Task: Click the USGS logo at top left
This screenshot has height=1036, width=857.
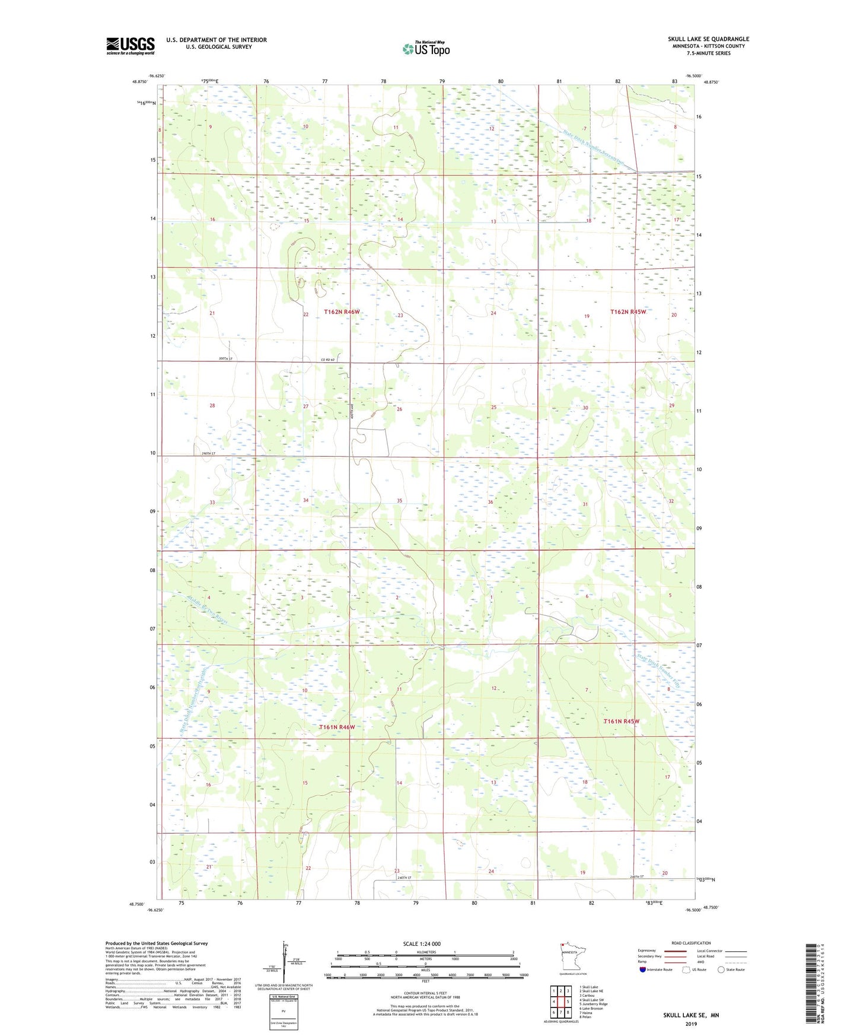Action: pyautogui.click(x=130, y=46)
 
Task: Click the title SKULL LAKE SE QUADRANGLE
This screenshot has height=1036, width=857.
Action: pyautogui.click(x=708, y=39)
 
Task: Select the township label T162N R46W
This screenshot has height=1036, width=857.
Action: pyautogui.click(x=342, y=312)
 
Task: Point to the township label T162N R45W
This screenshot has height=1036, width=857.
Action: pyautogui.click(x=629, y=312)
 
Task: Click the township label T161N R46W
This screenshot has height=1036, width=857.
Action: pyautogui.click(x=337, y=727)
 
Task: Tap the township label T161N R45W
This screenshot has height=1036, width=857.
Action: pyautogui.click(x=622, y=721)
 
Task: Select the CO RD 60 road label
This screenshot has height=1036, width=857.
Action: pyautogui.click(x=328, y=360)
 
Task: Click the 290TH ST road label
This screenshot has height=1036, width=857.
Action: pyautogui.click(x=208, y=453)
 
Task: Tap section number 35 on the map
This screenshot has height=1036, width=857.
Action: pyautogui.click(x=399, y=501)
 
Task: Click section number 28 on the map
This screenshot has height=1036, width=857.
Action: pyautogui.click(x=212, y=406)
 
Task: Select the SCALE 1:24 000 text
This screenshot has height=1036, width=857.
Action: pyautogui.click(x=422, y=943)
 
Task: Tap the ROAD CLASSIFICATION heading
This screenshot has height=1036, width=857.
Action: pyautogui.click(x=691, y=943)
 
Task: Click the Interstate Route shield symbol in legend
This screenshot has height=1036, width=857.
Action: pyautogui.click(x=643, y=970)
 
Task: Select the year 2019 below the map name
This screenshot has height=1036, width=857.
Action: pyautogui.click(x=691, y=1024)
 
